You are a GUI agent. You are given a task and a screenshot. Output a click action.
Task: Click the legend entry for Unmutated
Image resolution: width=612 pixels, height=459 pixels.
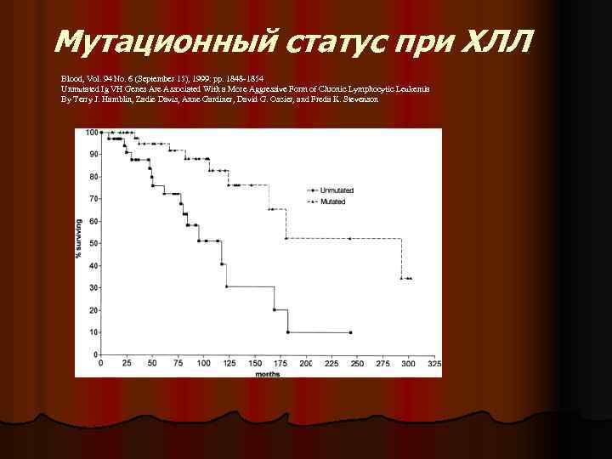(x=336, y=190)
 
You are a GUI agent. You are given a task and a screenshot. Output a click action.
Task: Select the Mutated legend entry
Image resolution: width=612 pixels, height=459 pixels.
(x=332, y=201)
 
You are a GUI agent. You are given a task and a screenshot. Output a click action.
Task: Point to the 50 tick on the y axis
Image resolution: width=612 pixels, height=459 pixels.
(x=92, y=243)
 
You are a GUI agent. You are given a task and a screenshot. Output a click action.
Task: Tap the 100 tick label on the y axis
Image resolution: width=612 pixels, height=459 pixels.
(x=90, y=133)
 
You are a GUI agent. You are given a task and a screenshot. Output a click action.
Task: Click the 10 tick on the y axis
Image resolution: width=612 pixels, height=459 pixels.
(x=92, y=332)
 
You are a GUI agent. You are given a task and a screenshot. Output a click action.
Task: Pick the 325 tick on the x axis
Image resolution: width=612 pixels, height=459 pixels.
(x=435, y=363)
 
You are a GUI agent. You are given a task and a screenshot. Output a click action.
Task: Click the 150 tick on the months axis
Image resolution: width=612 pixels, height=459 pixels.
(x=255, y=363)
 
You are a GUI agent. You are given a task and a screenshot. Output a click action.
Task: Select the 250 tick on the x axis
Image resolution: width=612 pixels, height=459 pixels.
(x=358, y=363)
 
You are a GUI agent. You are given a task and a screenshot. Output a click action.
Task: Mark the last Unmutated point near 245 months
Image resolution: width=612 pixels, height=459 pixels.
(x=351, y=332)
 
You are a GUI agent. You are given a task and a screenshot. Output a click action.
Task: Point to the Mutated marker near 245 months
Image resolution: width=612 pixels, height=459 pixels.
(x=349, y=238)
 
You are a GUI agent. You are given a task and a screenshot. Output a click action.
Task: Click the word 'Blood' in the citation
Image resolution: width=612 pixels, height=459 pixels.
(x=71, y=77)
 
